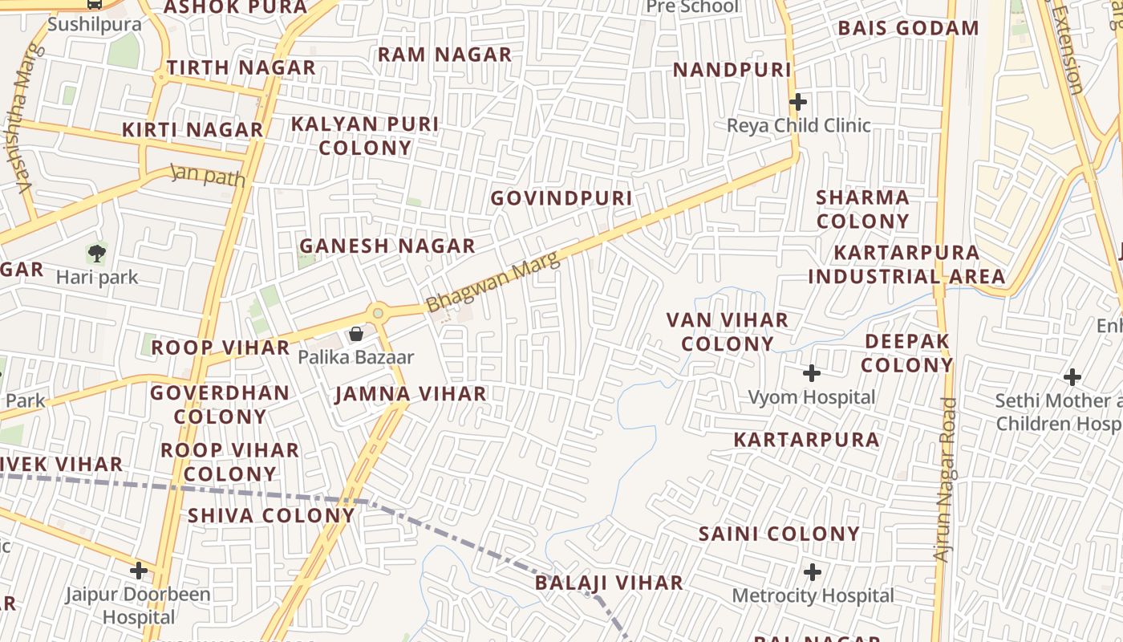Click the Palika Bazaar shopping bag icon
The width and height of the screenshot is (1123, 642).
[x=355, y=333]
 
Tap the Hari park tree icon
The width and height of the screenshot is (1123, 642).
[x=97, y=254]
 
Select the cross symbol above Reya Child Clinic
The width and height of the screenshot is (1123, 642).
[x=797, y=102]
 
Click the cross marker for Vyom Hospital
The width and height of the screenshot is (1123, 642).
[x=812, y=373]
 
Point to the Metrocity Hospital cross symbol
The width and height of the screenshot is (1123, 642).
[x=813, y=572]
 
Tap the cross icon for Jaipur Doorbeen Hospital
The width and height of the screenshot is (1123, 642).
[x=139, y=571]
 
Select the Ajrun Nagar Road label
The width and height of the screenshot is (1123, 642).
[x=947, y=480]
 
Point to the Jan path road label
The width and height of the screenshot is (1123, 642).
[x=208, y=174]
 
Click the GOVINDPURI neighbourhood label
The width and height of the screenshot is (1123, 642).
[x=561, y=198]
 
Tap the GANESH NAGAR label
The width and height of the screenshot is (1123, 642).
[x=387, y=246]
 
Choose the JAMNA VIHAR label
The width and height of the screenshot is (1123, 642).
[x=411, y=394]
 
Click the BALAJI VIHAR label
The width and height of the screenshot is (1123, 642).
[x=609, y=583]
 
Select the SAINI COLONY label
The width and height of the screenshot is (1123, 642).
[x=779, y=534]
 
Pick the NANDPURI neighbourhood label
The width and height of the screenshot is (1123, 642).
[x=732, y=70]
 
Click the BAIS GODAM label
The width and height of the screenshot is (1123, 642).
[x=909, y=28]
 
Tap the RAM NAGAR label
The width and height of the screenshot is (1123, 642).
[x=444, y=55]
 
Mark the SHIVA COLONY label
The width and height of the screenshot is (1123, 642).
[x=271, y=515]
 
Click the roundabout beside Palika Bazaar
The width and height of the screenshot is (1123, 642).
[x=378, y=312]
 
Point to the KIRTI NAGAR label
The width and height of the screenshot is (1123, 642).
[x=193, y=129]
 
